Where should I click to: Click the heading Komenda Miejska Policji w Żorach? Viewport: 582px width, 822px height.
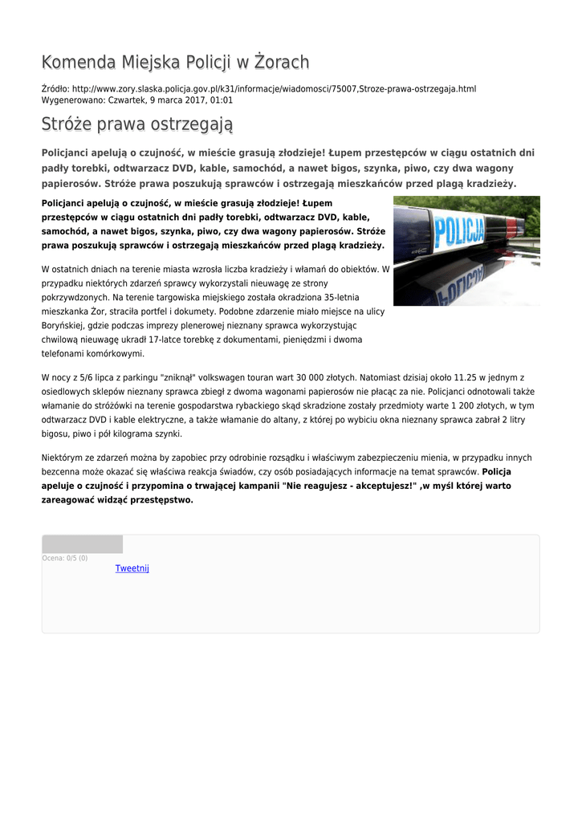coord(175,63)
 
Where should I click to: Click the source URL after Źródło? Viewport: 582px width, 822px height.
coord(274,88)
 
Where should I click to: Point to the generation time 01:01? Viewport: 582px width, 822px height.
coord(222,100)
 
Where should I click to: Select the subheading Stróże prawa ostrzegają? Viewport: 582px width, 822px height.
coord(136,124)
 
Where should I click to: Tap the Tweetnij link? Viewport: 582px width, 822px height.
coord(132,568)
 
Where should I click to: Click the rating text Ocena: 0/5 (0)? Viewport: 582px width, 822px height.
coord(65,558)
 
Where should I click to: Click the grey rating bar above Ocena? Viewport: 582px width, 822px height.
coord(82,544)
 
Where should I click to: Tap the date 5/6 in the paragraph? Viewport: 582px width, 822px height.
coord(84,377)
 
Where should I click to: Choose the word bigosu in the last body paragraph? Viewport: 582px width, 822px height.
coord(55,434)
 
